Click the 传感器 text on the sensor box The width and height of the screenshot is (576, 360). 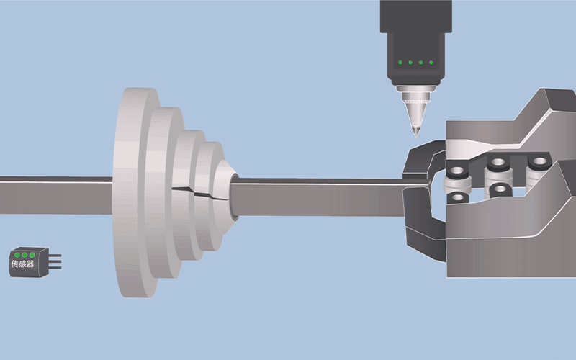pos(22,264)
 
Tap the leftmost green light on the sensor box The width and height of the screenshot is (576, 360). pos(17,255)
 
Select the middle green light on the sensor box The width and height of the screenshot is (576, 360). pos(24,255)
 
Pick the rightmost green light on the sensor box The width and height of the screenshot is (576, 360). pos(32,255)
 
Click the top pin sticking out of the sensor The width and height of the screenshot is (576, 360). pos(55,256)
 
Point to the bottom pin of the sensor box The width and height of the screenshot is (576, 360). pos(55,268)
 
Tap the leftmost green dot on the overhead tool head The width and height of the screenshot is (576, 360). pos(400,63)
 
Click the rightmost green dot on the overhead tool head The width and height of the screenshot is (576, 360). pos(431,63)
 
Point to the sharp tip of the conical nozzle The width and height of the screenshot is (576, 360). pos(416,136)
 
